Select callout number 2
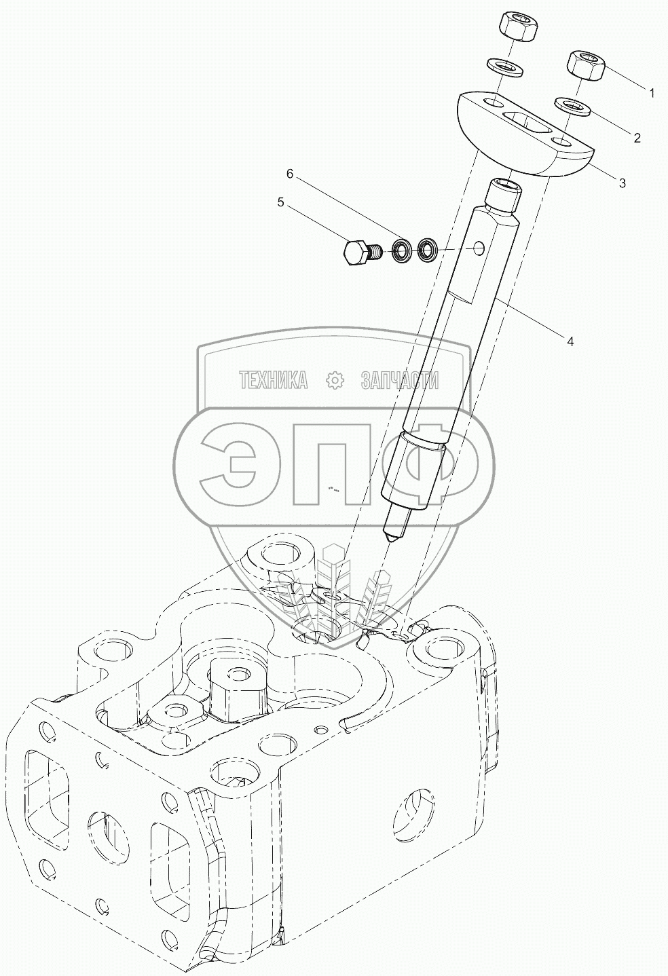pyautogui.click(x=637, y=138)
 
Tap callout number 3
pyautogui.click(x=621, y=182)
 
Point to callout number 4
pyautogui.click(x=570, y=341)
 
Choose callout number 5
pyautogui.click(x=279, y=202)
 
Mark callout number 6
pyautogui.click(x=290, y=174)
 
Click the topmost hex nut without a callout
pyautogui.click(x=519, y=26)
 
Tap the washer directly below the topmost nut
pyautogui.click(x=504, y=67)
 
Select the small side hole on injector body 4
pyautogui.click(x=480, y=248)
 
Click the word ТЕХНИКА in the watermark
pyautogui.click(x=273, y=381)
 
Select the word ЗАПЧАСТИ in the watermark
pyautogui.click(x=399, y=381)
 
